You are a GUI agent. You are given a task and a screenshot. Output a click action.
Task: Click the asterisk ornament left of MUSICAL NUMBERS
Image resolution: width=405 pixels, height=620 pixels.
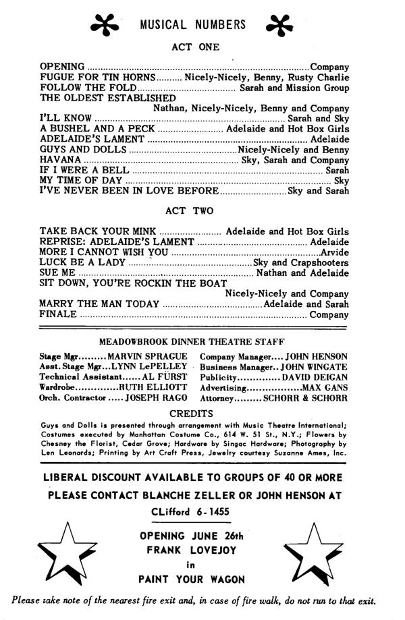[109, 26]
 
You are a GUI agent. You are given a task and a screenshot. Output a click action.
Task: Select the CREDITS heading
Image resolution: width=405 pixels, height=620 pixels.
[193, 414]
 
